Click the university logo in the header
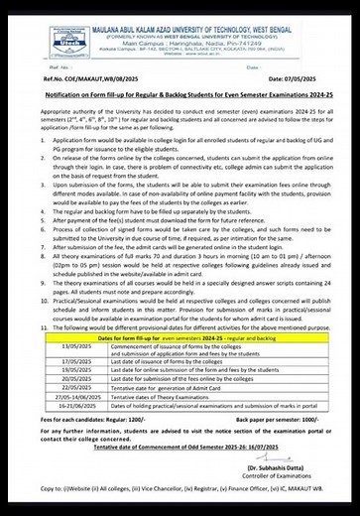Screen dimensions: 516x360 (x=38, y=31)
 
